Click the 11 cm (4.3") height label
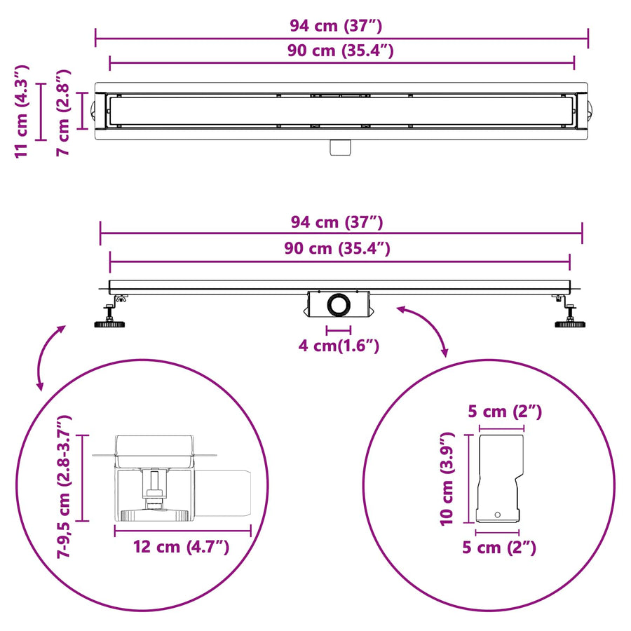[x=22, y=111]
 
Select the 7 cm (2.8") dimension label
[x=63, y=112]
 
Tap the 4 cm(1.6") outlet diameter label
[x=339, y=346]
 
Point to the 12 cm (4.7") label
[x=181, y=547]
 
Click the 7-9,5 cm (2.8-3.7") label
[x=64, y=487]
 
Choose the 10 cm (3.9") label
[x=447, y=479]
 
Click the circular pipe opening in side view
[x=339, y=305]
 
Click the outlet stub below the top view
[x=340, y=147]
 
